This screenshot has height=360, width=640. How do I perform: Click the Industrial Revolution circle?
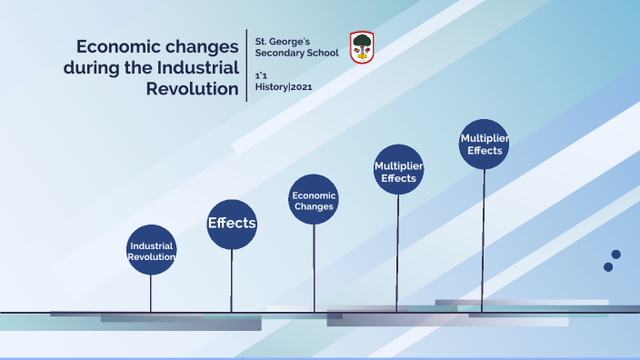click(151, 250)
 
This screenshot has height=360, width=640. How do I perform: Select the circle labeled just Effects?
click(232, 224)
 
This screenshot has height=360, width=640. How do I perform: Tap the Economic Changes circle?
click(314, 200)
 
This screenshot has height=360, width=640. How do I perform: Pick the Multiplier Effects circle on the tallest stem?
click(484, 144)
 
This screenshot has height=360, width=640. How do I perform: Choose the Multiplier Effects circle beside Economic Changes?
click(398, 170)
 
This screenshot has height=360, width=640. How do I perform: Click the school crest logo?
click(362, 46)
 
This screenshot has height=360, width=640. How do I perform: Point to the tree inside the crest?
click(362, 43)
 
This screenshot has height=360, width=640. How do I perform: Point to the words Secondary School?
click(296, 53)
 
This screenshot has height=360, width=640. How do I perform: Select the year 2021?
click(302, 86)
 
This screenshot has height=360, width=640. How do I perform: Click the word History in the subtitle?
click(271, 86)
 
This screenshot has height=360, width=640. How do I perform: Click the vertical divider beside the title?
click(247, 64)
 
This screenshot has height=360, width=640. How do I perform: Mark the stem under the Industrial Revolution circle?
click(151, 293)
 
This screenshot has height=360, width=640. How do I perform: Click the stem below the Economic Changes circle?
click(314, 268)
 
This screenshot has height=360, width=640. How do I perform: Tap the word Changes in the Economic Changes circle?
click(314, 206)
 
